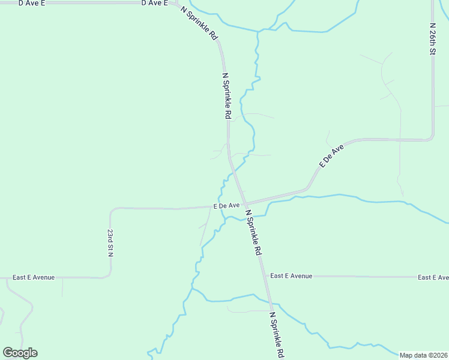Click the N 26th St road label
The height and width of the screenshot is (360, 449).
click(x=432, y=40)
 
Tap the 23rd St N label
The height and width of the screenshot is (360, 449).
click(x=110, y=242)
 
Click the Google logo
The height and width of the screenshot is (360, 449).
click(x=20, y=353)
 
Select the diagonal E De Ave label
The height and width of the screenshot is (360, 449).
click(x=331, y=155)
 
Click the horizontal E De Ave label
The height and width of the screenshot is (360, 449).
click(x=226, y=205)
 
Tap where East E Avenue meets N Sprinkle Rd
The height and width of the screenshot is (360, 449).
click(x=265, y=276)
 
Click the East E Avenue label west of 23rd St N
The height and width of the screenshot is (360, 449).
click(x=34, y=277)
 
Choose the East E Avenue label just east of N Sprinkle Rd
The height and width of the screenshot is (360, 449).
click(x=291, y=276)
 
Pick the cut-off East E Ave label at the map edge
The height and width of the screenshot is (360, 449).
click(x=433, y=277)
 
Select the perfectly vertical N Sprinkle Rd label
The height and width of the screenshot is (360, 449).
click(x=227, y=96)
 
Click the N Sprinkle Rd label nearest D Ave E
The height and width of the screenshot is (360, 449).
click(x=199, y=22)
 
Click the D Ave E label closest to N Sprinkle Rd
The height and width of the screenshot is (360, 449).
click(x=154, y=3)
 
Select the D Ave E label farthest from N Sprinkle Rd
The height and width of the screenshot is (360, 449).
click(x=32, y=3)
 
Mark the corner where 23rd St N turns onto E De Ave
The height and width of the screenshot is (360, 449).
click(x=112, y=210)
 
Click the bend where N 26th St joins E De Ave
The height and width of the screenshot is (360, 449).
click(x=431, y=138)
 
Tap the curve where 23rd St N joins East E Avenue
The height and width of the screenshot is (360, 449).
click(x=109, y=275)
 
